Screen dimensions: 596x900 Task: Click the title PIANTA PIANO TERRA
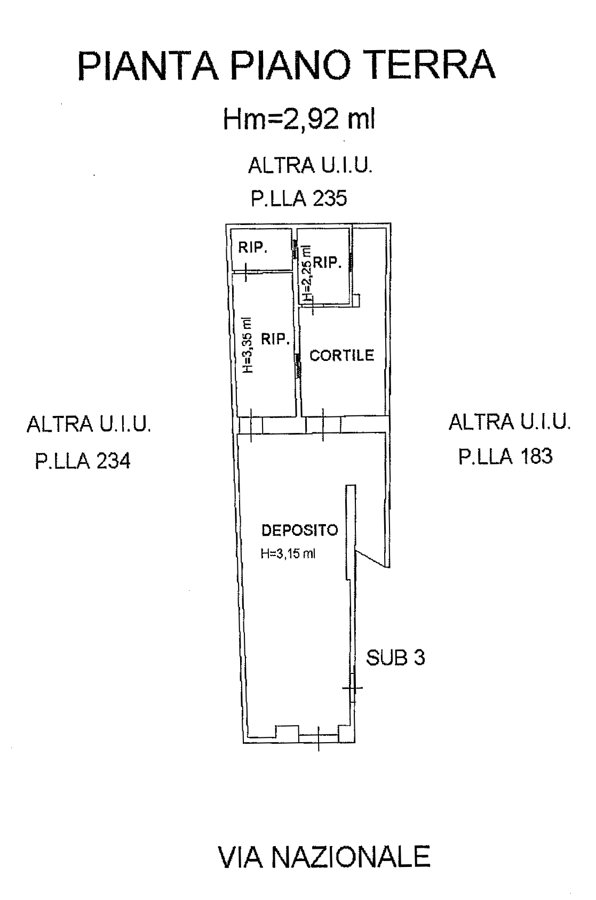(x=286, y=64)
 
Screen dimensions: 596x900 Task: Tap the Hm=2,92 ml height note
(x=299, y=119)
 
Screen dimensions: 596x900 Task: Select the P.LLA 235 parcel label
(x=299, y=199)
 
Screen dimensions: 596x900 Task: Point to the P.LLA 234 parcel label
(x=83, y=460)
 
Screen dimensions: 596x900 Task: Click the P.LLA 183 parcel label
(x=505, y=456)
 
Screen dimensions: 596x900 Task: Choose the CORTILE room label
(x=342, y=355)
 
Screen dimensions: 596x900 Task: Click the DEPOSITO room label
(x=300, y=530)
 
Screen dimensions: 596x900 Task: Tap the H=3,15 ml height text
(x=288, y=553)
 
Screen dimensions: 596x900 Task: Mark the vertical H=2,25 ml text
(x=307, y=273)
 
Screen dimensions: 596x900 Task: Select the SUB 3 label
(x=396, y=657)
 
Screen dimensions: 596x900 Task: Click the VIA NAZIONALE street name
(x=324, y=857)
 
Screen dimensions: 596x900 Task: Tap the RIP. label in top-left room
(x=253, y=247)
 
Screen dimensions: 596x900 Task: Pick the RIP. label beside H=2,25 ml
(x=327, y=262)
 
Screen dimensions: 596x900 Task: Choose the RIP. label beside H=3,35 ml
(x=275, y=339)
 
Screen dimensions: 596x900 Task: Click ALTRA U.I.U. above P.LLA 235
(x=310, y=165)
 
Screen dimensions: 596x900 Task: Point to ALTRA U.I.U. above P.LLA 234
(x=88, y=424)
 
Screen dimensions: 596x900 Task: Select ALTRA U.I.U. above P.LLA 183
(x=510, y=422)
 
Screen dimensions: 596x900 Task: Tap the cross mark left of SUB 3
(x=352, y=688)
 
